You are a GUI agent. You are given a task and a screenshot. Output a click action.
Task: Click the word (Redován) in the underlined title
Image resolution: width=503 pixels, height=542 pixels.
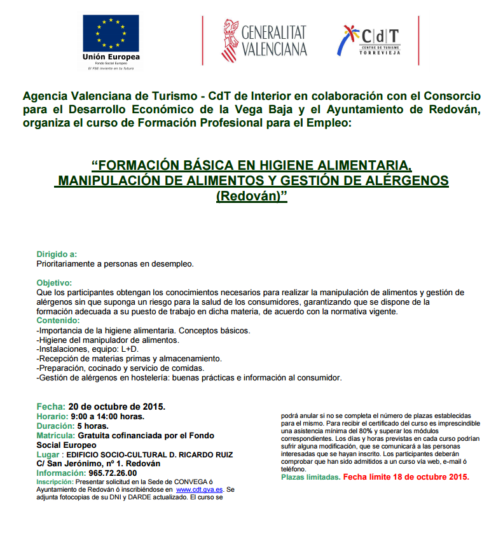[x=252, y=196]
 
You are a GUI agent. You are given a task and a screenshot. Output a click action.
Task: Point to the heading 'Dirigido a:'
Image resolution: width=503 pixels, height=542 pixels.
[x=57, y=254]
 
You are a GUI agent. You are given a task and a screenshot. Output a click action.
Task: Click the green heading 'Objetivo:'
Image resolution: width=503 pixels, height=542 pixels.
[x=55, y=282]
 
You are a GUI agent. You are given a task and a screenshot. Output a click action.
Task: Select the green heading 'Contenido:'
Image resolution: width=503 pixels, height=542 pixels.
[x=59, y=321]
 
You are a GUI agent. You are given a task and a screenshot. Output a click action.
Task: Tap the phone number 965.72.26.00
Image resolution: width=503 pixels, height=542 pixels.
[x=113, y=473]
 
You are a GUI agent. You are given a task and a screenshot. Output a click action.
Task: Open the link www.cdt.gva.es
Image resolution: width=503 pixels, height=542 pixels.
[x=199, y=489]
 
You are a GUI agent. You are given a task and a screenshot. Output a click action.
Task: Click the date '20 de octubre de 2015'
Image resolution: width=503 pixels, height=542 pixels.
[x=116, y=406]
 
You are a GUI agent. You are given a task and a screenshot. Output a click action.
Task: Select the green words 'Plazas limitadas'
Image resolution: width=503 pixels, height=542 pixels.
[x=310, y=476]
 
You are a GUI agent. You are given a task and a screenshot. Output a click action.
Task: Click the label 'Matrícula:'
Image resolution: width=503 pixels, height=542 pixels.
[x=56, y=435]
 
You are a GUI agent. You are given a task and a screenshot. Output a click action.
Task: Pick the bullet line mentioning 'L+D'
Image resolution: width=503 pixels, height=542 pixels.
[x=87, y=349]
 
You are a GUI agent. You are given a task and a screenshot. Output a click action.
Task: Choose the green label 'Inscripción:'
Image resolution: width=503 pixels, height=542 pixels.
[x=55, y=482]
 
